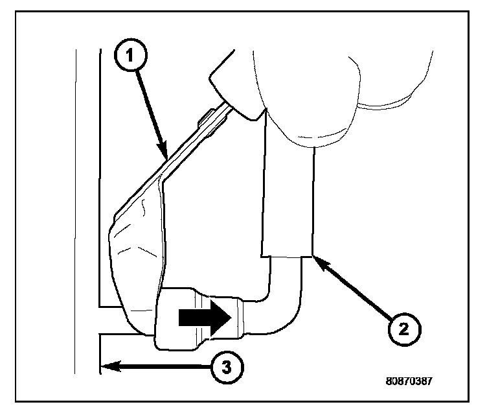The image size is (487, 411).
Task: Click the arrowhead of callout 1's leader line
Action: [165, 156]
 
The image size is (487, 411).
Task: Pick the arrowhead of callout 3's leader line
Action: [106, 367]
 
